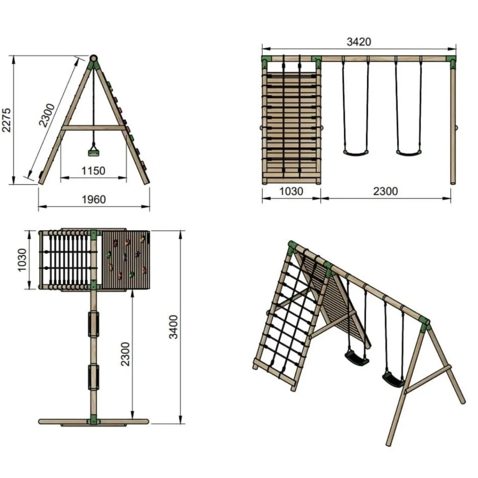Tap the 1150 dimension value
tap(94, 171)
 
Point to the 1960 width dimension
tap(94, 199)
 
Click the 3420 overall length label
tap(358, 41)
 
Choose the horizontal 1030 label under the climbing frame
tap(291, 192)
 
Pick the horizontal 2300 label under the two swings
tap(385, 192)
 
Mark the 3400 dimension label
tap(174, 327)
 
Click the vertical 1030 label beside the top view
tap(22, 260)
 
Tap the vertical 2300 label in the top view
tap(125, 355)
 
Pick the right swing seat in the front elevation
tap(408, 153)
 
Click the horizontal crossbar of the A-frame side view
tap(94, 128)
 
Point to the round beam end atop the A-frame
tap(94, 58)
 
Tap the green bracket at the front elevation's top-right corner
tap(452, 61)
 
